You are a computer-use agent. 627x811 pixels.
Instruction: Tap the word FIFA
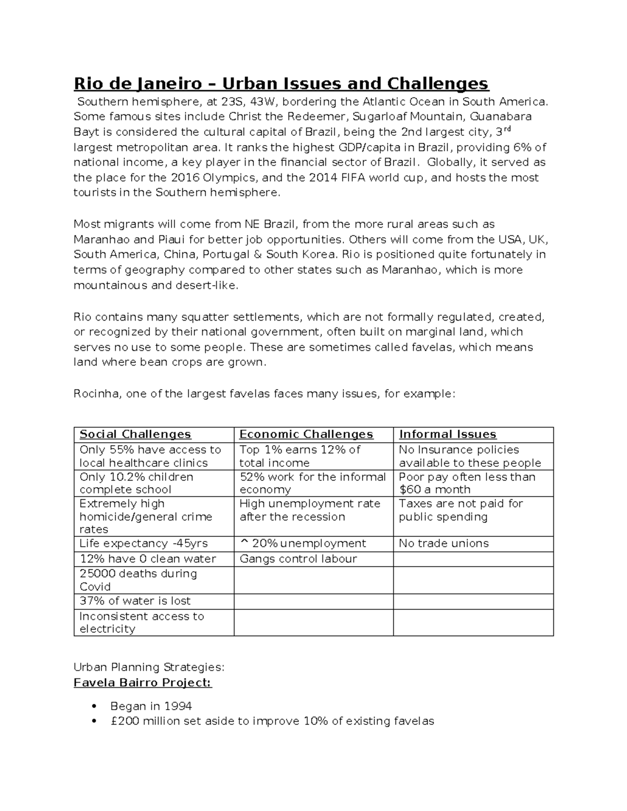pyautogui.click(x=354, y=177)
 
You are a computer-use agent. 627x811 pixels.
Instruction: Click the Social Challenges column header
pyautogui.click(x=135, y=434)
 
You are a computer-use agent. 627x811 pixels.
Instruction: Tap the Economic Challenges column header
pyautogui.click(x=306, y=434)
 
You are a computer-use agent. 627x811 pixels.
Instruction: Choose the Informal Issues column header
pyautogui.click(x=448, y=434)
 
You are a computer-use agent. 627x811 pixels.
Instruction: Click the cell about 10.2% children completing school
pyautogui.click(x=136, y=483)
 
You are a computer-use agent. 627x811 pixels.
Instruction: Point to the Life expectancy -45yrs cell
pyautogui.click(x=143, y=544)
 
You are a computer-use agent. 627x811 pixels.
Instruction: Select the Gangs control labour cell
pyautogui.click(x=298, y=559)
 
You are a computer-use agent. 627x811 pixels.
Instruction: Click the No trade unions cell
pyautogui.click(x=444, y=544)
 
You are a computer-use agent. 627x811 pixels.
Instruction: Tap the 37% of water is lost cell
pyautogui.click(x=135, y=601)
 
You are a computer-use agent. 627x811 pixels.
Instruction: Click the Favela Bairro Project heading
pyautogui.click(x=143, y=683)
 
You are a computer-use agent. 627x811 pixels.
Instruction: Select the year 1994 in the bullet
pyautogui.click(x=178, y=706)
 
